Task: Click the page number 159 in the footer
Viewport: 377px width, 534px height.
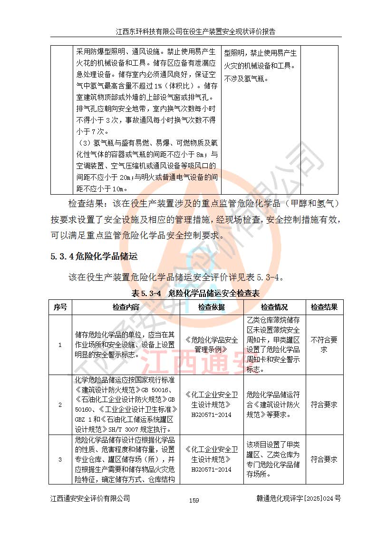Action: click(193, 500)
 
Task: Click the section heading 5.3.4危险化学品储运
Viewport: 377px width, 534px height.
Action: click(94, 257)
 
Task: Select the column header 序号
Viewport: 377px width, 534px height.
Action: click(60, 307)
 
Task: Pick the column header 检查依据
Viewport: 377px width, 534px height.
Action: click(212, 307)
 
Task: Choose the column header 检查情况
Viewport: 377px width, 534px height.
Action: click(274, 307)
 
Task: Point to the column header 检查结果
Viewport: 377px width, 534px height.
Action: click(324, 307)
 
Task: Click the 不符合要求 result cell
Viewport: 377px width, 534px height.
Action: click(324, 345)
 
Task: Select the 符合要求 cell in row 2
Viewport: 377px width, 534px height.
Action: click(324, 405)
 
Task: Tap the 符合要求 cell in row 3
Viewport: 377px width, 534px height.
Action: click(324, 459)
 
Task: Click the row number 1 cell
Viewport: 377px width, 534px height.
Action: click(60, 345)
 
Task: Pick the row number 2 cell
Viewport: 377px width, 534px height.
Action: click(60, 405)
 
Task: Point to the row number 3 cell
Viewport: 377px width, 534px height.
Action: click(60, 459)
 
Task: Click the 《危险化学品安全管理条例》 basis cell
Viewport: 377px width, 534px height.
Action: click(212, 345)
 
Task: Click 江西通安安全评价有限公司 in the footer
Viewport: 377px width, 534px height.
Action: click(90, 499)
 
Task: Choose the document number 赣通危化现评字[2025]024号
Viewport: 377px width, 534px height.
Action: click(298, 499)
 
